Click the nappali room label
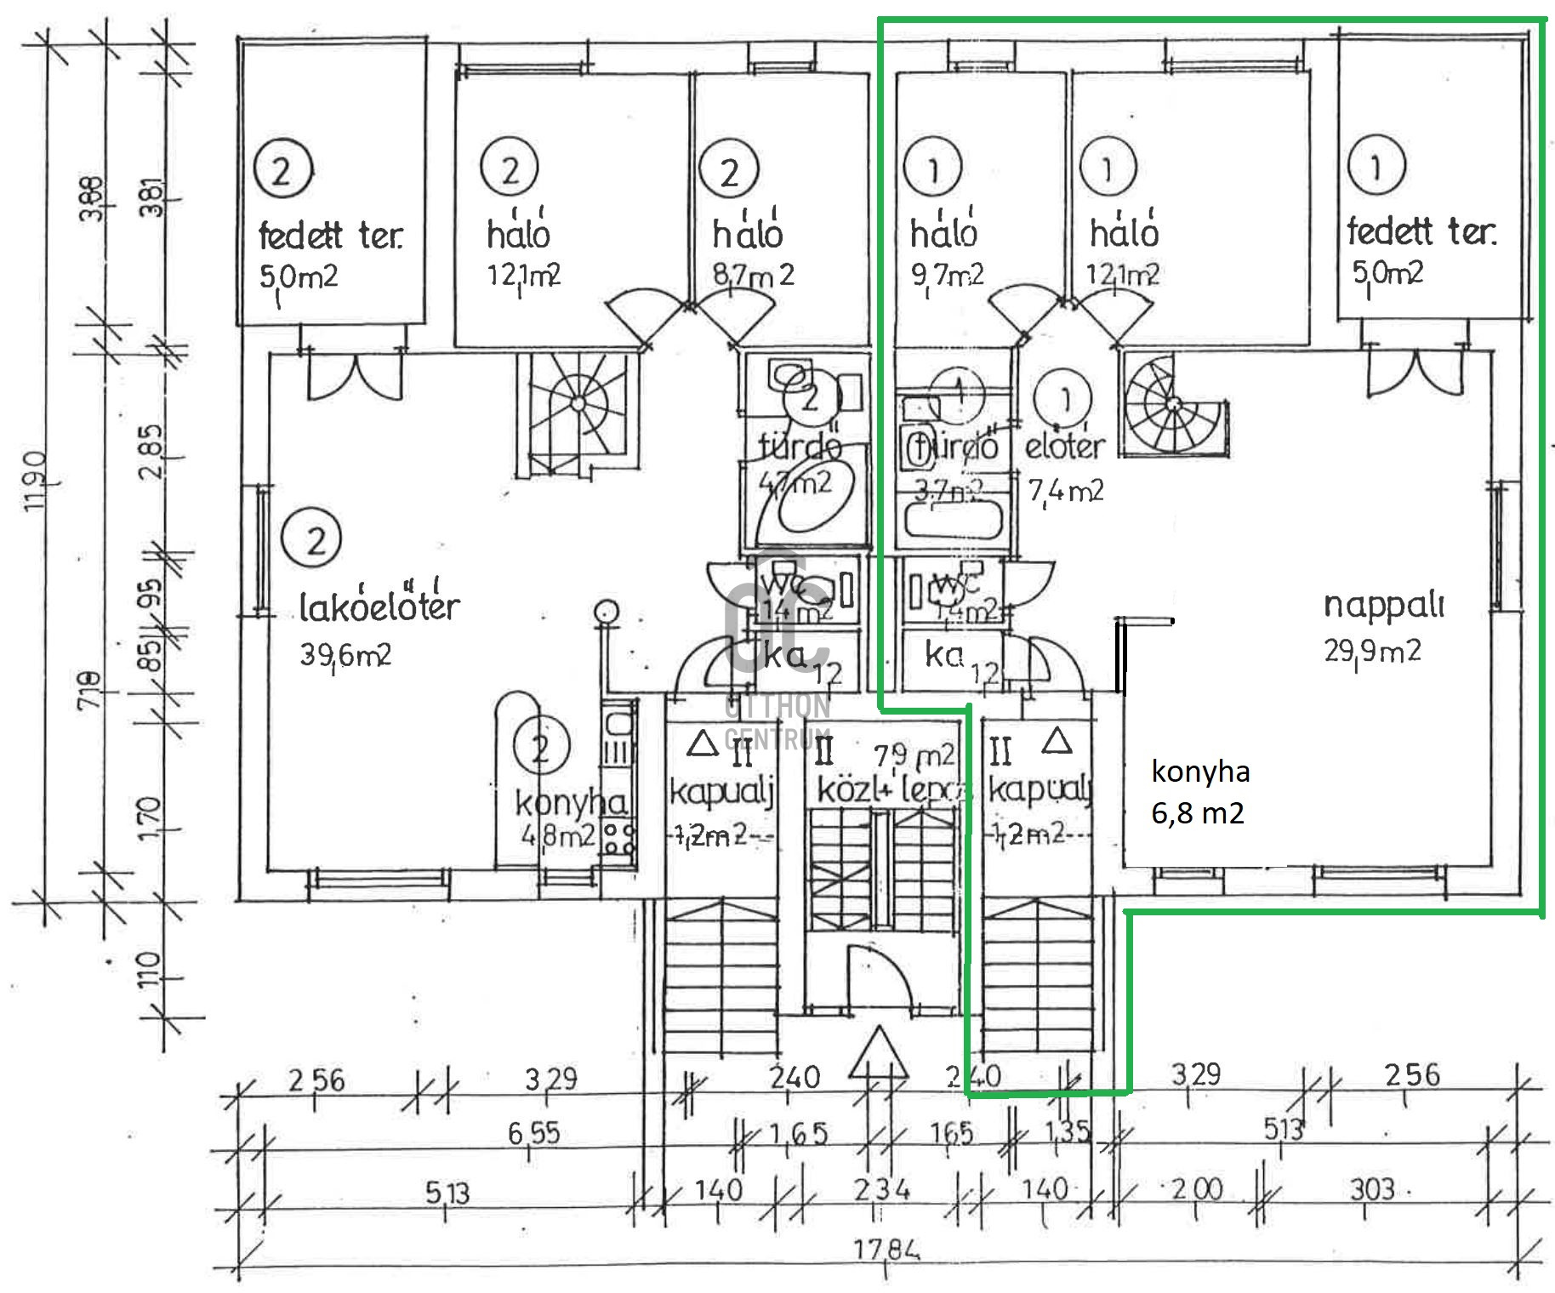point(1384,605)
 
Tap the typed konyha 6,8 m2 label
point(1199,792)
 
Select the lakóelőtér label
point(379,606)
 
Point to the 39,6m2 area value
point(345,654)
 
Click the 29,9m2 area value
point(1372,651)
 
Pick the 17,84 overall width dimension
point(887,1250)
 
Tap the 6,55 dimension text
point(533,1132)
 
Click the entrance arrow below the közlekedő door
point(878,1057)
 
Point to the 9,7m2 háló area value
point(947,275)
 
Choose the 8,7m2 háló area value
point(753,275)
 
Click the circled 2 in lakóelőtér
point(316,539)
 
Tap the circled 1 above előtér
point(1064,397)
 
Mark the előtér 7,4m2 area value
point(1066,491)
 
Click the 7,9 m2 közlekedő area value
point(914,755)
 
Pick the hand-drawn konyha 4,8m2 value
point(557,836)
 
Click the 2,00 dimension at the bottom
point(1197,1188)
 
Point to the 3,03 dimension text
point(1371,1188)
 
